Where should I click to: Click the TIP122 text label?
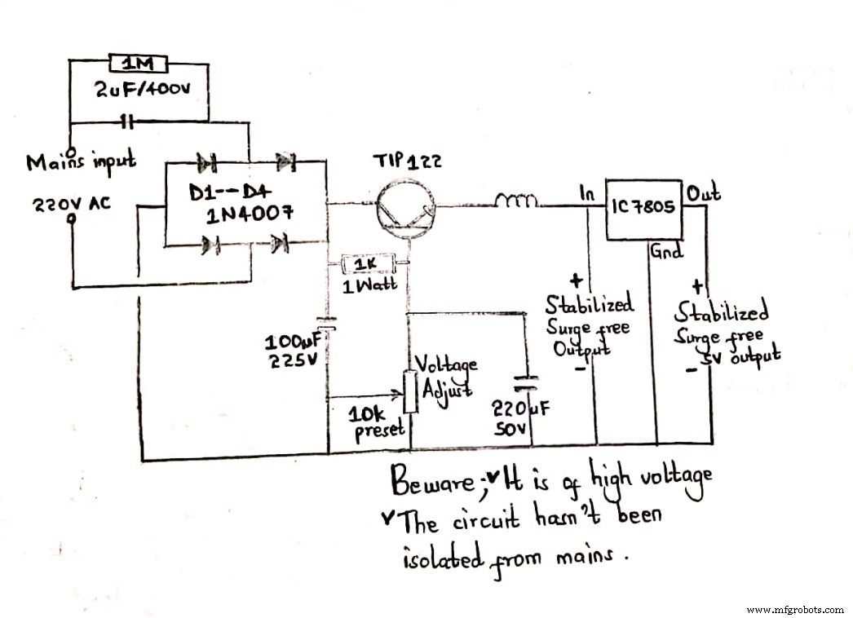click(x=407, y=161)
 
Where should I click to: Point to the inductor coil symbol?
click(x=515, y=199)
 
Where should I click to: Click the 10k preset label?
click(x=376, y=422)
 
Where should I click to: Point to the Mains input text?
click(x=81, y=162)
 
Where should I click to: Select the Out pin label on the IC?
click(x=703, y=193)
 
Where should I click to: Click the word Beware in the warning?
click(x=431, y=483)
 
